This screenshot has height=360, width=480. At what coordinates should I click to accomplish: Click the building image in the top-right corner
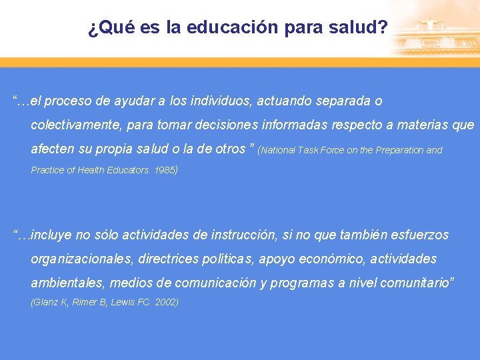click(x=434, y=30)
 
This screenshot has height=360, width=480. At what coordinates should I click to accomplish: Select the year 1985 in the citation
click(x=165, y=170)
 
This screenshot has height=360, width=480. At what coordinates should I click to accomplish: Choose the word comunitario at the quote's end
click(x=416, y=283)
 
